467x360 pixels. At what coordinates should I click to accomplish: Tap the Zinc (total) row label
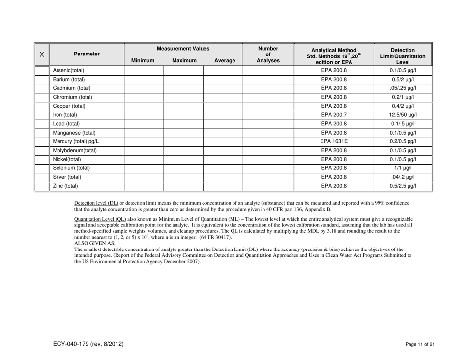click(x=66, y=186)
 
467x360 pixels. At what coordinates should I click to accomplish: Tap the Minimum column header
click(x=144, y=61)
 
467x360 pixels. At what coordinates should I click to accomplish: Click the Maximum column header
click(x=183, y=61)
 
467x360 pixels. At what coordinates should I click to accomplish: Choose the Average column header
click(x=223, y=61)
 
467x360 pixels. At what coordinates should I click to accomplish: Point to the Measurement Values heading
click(x=183, y=49)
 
